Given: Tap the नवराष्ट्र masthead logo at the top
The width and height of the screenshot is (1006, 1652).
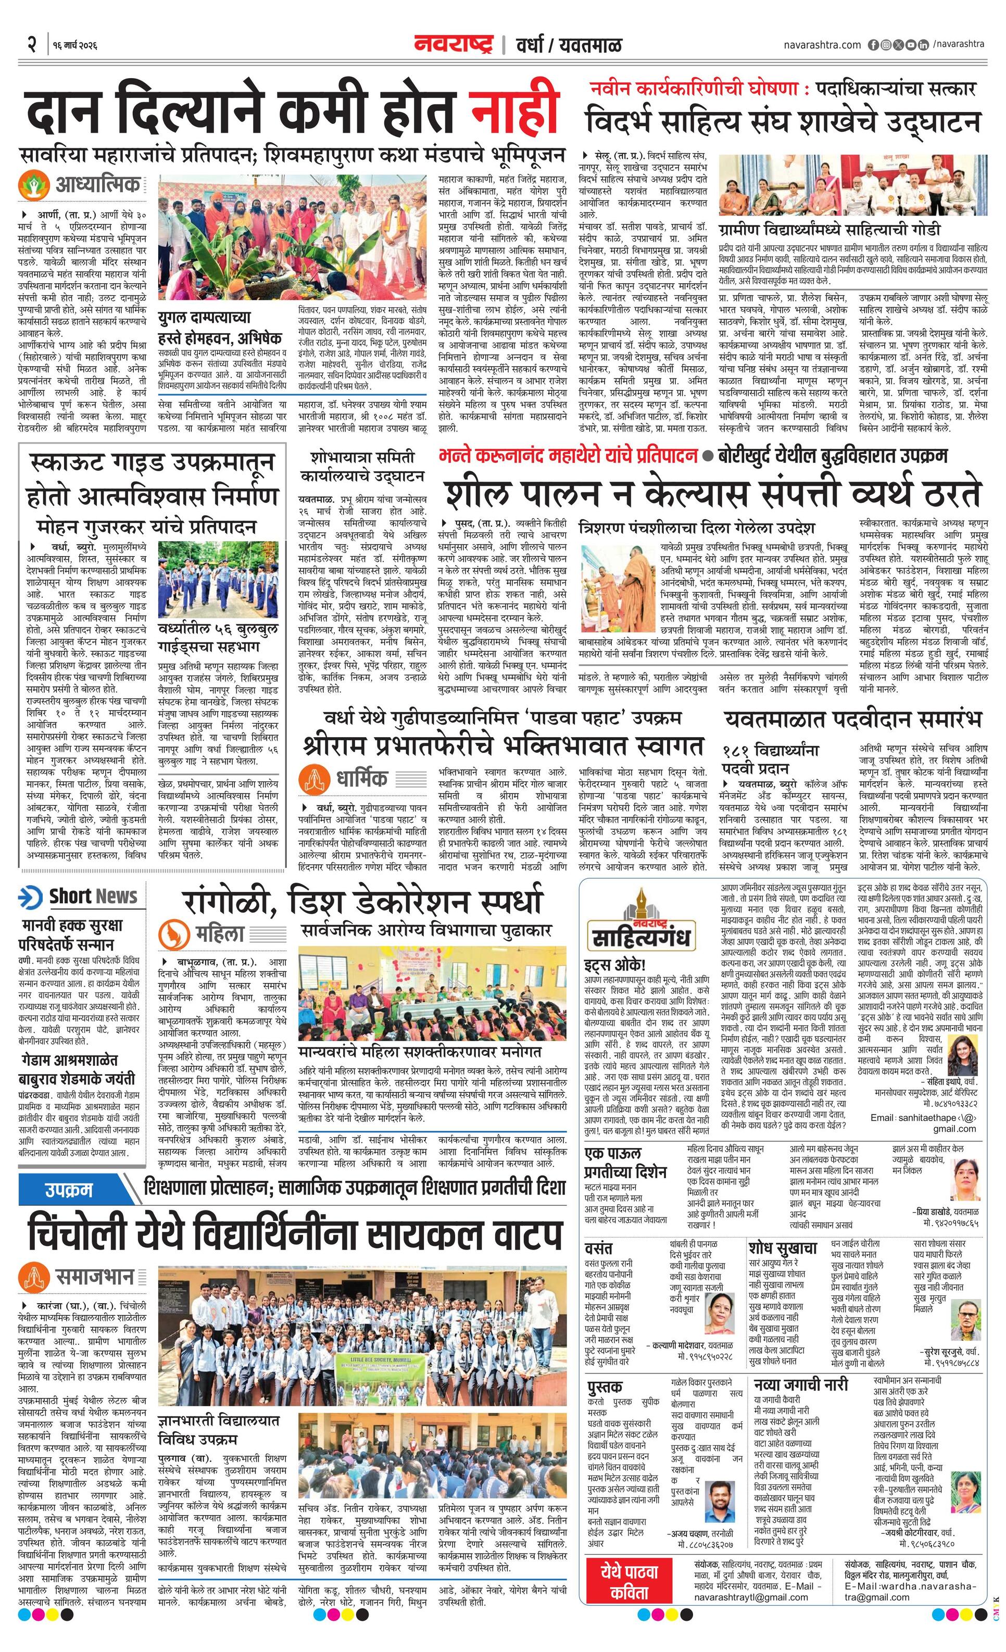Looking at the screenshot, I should click(454, 45).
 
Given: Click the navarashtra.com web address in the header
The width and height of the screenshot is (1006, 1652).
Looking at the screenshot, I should click(822, 45).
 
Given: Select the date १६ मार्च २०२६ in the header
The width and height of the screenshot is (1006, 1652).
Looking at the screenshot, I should click(73, 46).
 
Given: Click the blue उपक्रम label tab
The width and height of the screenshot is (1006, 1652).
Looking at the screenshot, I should click(68, 1191).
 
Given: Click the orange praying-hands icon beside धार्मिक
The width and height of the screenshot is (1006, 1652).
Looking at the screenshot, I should click(315, 778).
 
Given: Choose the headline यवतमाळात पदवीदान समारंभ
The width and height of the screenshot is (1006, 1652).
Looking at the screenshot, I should click(852, 720).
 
